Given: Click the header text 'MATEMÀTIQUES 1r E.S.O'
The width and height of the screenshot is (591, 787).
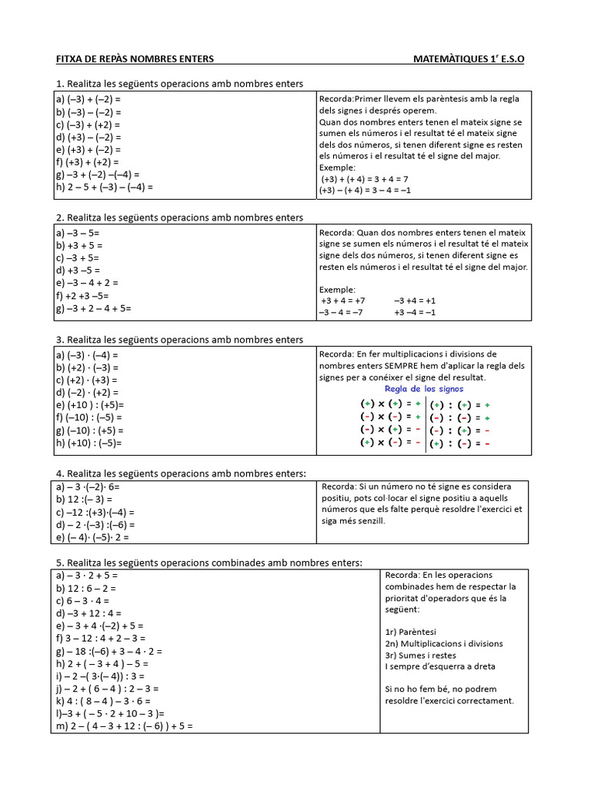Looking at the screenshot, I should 469,58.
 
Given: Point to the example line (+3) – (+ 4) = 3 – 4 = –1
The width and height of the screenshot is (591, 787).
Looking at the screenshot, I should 366,190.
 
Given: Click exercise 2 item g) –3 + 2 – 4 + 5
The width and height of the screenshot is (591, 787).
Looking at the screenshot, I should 93,308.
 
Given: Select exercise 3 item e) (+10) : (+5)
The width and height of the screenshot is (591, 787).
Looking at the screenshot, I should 89,405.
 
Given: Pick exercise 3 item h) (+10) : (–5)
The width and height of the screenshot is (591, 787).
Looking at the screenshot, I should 88,443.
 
